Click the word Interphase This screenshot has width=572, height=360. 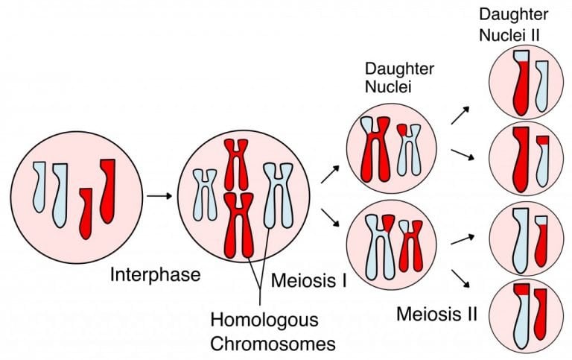coord(155,274)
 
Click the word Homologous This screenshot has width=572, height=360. coord(264,321)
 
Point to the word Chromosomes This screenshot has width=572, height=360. coord(272,344)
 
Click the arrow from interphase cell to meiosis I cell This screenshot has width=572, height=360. coord(159,196)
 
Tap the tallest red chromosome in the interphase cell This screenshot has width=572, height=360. coord(108,189)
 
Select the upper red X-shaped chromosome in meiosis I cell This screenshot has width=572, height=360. coord(236,163)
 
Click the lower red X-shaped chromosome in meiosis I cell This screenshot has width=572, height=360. coord(240,223)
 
